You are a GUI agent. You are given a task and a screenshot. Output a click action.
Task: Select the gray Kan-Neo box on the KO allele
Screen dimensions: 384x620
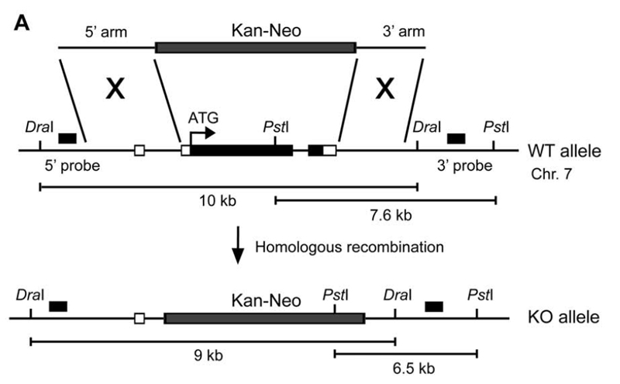pyautogui.click(x=264, y=318)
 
